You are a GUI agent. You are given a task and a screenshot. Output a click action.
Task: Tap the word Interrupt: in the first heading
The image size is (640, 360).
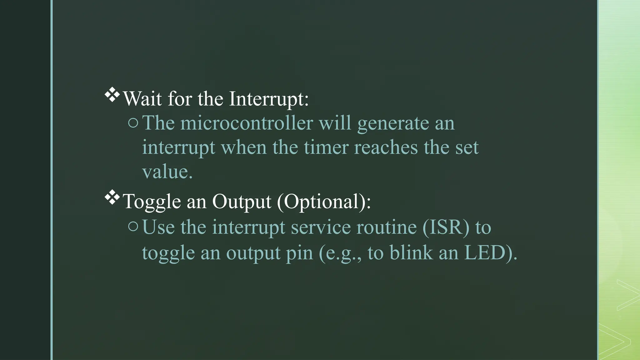(269, 99)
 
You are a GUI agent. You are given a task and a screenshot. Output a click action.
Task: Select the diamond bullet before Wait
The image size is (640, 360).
(112, 96)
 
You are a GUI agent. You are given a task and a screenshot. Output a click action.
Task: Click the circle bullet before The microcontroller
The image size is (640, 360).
(133, 123)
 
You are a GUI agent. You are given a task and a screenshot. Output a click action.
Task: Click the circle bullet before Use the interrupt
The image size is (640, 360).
(133, 227)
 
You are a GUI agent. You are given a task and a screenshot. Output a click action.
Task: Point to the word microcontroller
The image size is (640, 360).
(247, 123)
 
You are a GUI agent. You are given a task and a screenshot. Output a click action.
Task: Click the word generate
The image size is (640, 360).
(393, 124)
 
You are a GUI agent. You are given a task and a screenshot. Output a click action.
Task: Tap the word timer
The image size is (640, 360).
(326, 147)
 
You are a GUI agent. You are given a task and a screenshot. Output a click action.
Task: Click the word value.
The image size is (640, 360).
(167, 172)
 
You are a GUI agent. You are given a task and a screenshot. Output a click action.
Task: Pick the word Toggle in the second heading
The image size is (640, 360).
(152, 202)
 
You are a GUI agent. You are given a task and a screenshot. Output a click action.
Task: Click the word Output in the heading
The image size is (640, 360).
(241, 202)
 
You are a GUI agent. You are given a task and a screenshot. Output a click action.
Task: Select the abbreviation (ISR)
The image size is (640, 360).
(446, 227)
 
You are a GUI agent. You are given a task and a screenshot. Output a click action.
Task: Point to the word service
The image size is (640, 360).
(321, 227)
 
